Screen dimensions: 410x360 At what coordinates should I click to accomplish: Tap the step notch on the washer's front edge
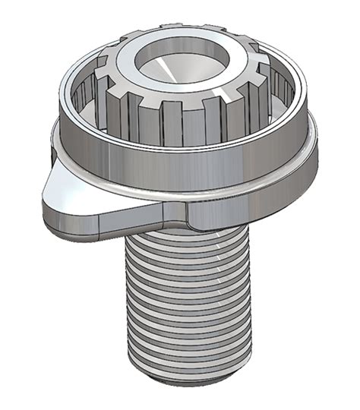[182, 216]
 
